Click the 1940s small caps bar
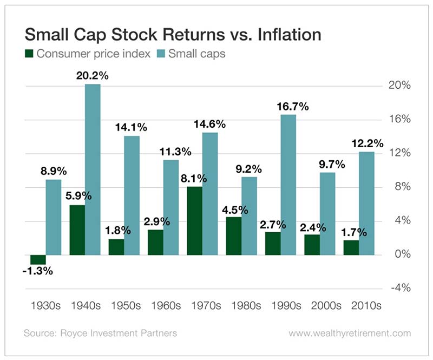click(x=93, y=169)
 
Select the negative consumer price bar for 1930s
click(x=37, y=259)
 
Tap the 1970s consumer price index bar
click(x=194, y=220)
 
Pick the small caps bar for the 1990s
click(x=288, y=185)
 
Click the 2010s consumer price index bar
click(x=350, y=247)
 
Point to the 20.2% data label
click(x=92, y=76)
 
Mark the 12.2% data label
click(x=367, y=143)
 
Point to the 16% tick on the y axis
click(x=398, y=120)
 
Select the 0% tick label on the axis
click(x=401, y=254)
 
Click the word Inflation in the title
click(x=280, y=34)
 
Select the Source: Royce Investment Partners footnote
click(x=100, y=333)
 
